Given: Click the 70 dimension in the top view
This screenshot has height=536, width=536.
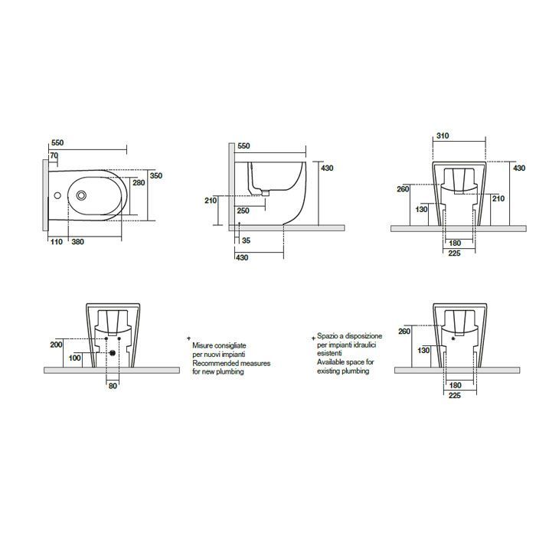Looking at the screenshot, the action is pos(54,155).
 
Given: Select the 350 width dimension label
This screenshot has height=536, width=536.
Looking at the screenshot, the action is pos(156,175).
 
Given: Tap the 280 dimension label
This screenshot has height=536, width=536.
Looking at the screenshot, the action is pos(139,182).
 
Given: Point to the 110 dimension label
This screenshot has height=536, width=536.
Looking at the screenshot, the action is pos(57,242).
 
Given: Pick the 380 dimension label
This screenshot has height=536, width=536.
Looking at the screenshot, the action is pos(77,242).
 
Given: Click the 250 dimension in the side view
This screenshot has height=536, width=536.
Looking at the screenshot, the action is pos(243,211).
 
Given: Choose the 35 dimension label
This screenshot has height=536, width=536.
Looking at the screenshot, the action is pos(246,240).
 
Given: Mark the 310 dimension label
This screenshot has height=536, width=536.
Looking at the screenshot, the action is pos(443,136).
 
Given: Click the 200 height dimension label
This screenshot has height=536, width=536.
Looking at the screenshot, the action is pos(57,345).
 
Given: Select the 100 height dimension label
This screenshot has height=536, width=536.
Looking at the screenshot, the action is pos(75,358).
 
